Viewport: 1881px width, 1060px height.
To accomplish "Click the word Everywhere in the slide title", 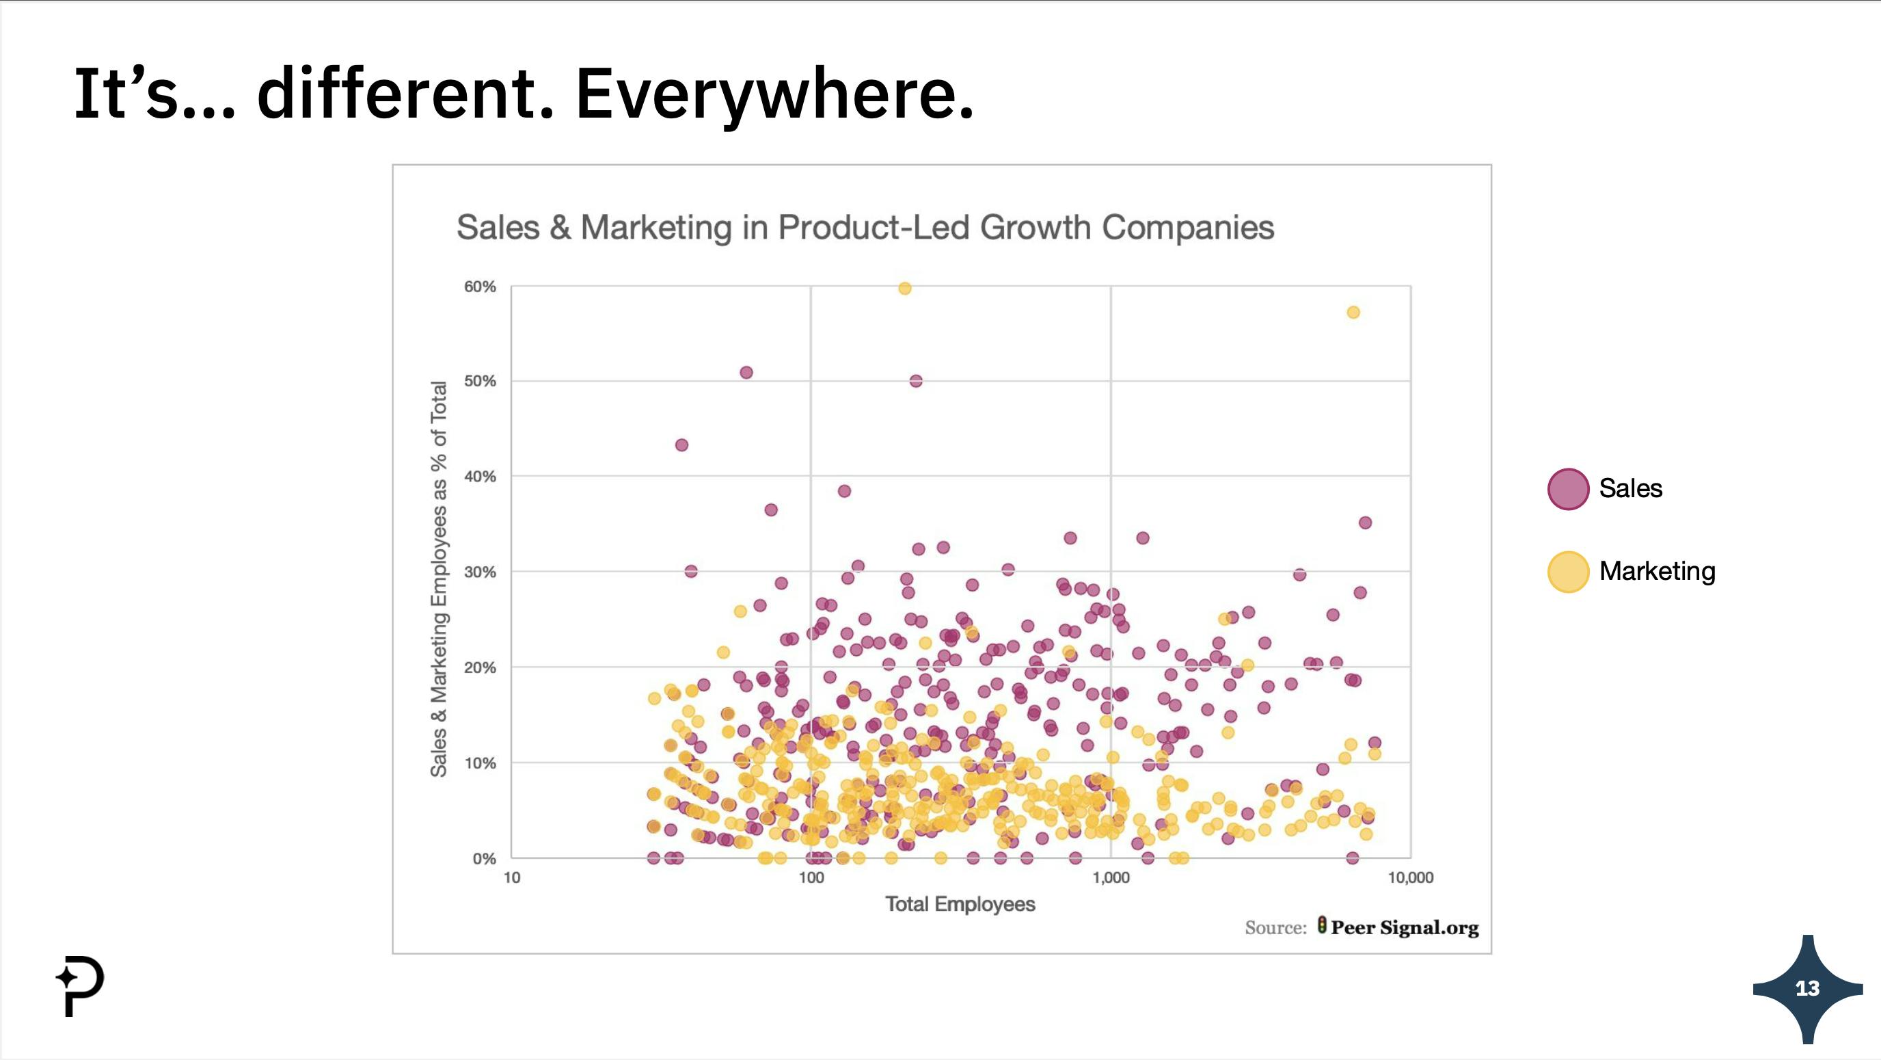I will pyautogui.click(x=774, y=94).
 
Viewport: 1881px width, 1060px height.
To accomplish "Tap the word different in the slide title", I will pyautogui.click(x=405, y=94).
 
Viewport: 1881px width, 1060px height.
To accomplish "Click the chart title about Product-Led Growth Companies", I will pyautogui.click(x=865, y=227).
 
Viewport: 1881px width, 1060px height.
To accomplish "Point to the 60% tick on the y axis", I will pyautogui.click(x=480, y=287).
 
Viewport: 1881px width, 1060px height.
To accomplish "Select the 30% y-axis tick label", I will pyautogui.click(x=480, y=572).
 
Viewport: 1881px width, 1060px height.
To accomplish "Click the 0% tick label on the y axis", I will pyautogui.click(x=483, y=858).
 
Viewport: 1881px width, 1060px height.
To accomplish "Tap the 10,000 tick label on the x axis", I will pyautogui.click(x=1410, y=877).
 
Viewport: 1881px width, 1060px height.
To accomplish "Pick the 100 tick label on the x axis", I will pyautogui.click(x=811, y=877).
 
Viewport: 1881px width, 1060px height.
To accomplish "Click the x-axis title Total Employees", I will pyautogui.click(x=960, y=904).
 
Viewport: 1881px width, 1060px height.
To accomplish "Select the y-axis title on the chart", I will pyautogui.click(x=438, y=579).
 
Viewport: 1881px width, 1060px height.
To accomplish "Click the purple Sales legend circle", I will pyautogui.click(x=1568, y=489).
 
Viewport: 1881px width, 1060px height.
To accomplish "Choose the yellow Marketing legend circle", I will pyautogui.click(x=1568, y=571).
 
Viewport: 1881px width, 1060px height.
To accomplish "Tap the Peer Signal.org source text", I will pyautogui.click(x=1404, y=927).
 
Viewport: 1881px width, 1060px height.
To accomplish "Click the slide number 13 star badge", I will pyautogui.click(x=1807, y=988).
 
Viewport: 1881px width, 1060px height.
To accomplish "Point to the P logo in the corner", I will pyautogui.click(x=81, y=985).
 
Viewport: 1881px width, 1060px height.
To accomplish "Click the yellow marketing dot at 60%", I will pyautogui.click(x=905, y=289).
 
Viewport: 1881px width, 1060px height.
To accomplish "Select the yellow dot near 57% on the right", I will pyautogui.click(x=1353, y=313).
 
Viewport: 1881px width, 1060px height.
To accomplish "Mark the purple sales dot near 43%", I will pyautogui.click(x=681, y=445).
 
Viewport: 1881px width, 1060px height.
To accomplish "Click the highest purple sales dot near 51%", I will pyautogui.click(x=746, y=373).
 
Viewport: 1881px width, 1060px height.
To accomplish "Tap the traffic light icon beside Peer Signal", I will pyautogui.click(x=1322, y=925).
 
